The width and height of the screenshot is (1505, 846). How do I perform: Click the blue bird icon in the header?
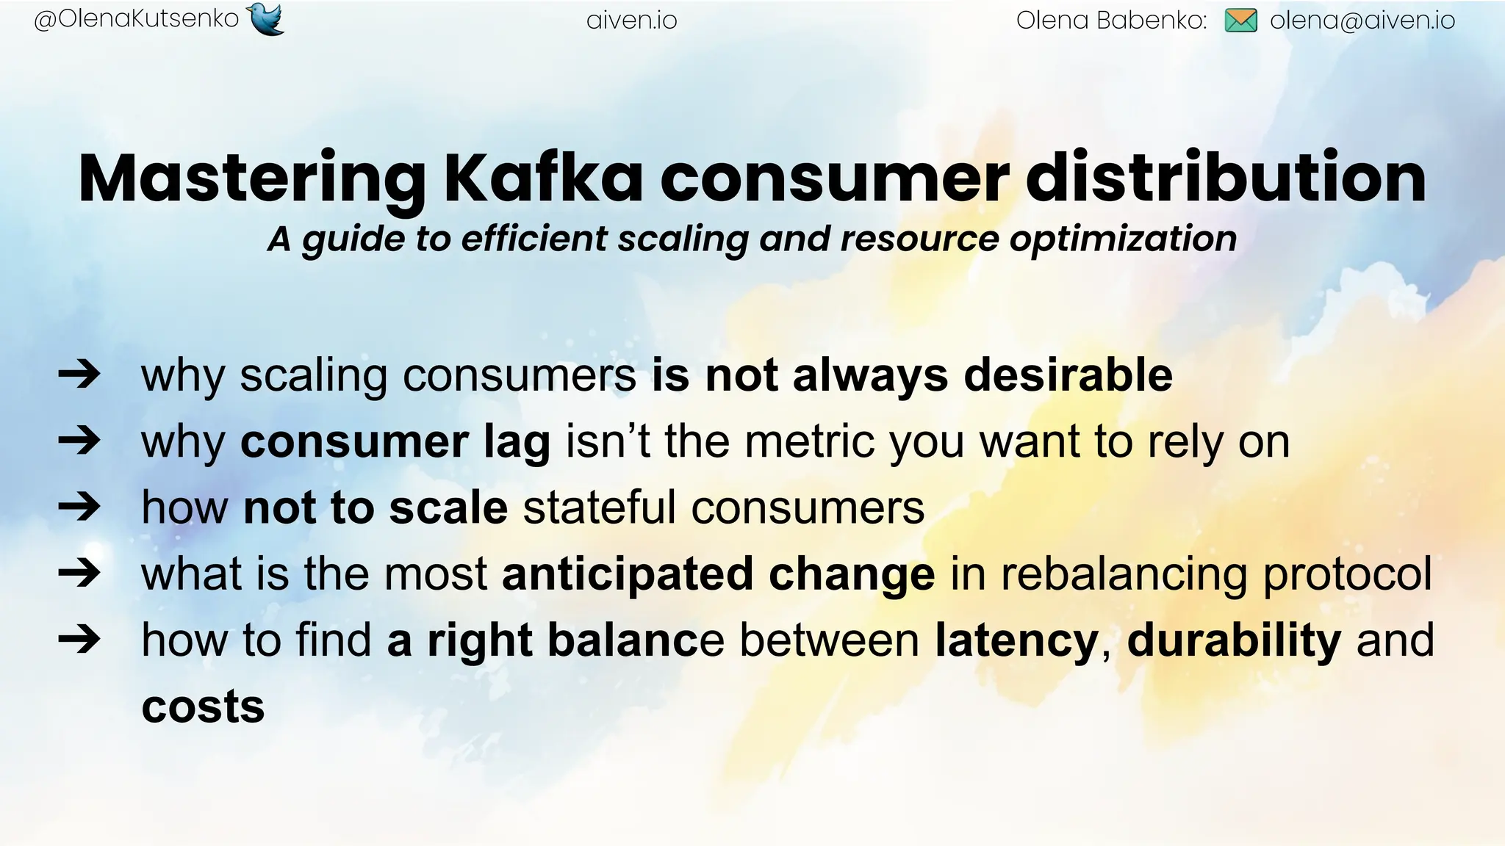(x=266, y=19)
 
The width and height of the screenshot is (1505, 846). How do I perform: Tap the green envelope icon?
(x=1241, y=21)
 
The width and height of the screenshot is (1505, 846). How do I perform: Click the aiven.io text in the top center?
(x=631, y=21)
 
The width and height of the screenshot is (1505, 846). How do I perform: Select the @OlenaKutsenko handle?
(x=137, y=19)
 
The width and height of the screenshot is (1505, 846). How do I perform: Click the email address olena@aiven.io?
(x=1362, y=21)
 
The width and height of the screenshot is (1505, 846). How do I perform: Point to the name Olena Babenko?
(x=1111, y=21)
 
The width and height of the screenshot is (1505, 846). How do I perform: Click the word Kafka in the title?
(x=544, y=178)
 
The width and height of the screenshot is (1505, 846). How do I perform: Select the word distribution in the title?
(x=1225, y=178)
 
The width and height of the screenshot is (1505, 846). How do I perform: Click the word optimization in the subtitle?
(x=1123, y=239)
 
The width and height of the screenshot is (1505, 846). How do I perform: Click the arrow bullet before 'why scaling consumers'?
(x=79, y=375)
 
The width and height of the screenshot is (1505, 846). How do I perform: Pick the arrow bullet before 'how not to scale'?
(x=79, y=507)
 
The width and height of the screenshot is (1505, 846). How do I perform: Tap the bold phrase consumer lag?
(x=395, y=442)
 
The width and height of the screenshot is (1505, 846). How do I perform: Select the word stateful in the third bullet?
(x=599, y=507)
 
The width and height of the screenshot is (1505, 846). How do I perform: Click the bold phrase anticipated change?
(x=718, y=574)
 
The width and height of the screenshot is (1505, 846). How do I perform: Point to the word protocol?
(x=1347, y=574)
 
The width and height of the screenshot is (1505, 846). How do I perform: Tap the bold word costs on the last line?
(x=203, y=706)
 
